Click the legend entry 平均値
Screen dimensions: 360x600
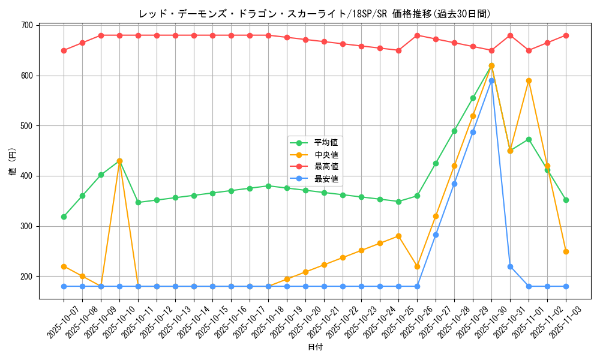point(326,143)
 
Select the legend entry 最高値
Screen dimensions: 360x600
point(326,167)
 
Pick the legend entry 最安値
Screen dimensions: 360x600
point(326,179)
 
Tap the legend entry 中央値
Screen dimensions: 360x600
point(326,155)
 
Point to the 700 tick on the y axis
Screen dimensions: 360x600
point(27,25)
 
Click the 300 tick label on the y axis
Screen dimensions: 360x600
point(27,226)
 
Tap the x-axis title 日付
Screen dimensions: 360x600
point(315,347)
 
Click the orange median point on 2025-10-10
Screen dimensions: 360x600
point(119,161)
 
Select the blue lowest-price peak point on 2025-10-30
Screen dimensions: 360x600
point(491,80)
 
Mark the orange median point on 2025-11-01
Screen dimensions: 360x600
point(529,80)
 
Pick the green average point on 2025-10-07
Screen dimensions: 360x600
point(64,217)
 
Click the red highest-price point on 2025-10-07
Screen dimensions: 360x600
point(64,50)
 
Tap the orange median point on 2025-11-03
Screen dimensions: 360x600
point(566,251)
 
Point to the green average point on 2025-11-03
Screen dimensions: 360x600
point(566,200)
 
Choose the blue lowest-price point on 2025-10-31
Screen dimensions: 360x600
point(510,266)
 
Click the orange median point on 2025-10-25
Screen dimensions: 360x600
point(398,236)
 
